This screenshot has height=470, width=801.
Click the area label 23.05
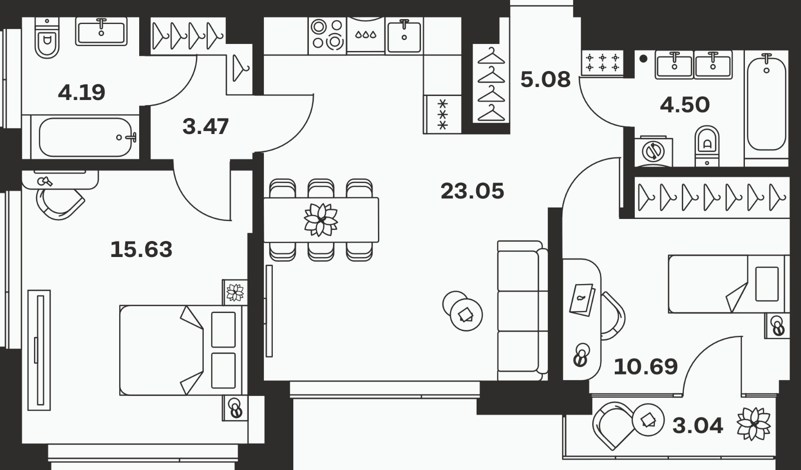[473, 191]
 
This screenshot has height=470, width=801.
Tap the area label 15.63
[141, 249]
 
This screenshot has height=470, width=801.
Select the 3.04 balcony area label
[698, 425]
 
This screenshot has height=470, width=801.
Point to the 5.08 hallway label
[545, 79]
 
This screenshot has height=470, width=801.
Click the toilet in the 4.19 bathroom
[47, 37]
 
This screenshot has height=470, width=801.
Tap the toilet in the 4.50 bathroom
[707, 145]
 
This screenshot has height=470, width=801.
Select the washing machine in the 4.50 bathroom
[653, 151]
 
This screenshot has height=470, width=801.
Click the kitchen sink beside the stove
[404, 35]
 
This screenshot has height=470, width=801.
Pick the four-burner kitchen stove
[327, 35]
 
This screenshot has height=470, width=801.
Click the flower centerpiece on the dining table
[321, 219]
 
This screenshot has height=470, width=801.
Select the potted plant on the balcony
[753, 424]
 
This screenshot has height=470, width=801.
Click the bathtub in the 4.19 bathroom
[85, 137]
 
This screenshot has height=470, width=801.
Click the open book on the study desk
[582, 299]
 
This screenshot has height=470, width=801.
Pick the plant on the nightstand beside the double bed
[235, 292]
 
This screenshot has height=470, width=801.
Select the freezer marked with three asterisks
[443, 114]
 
